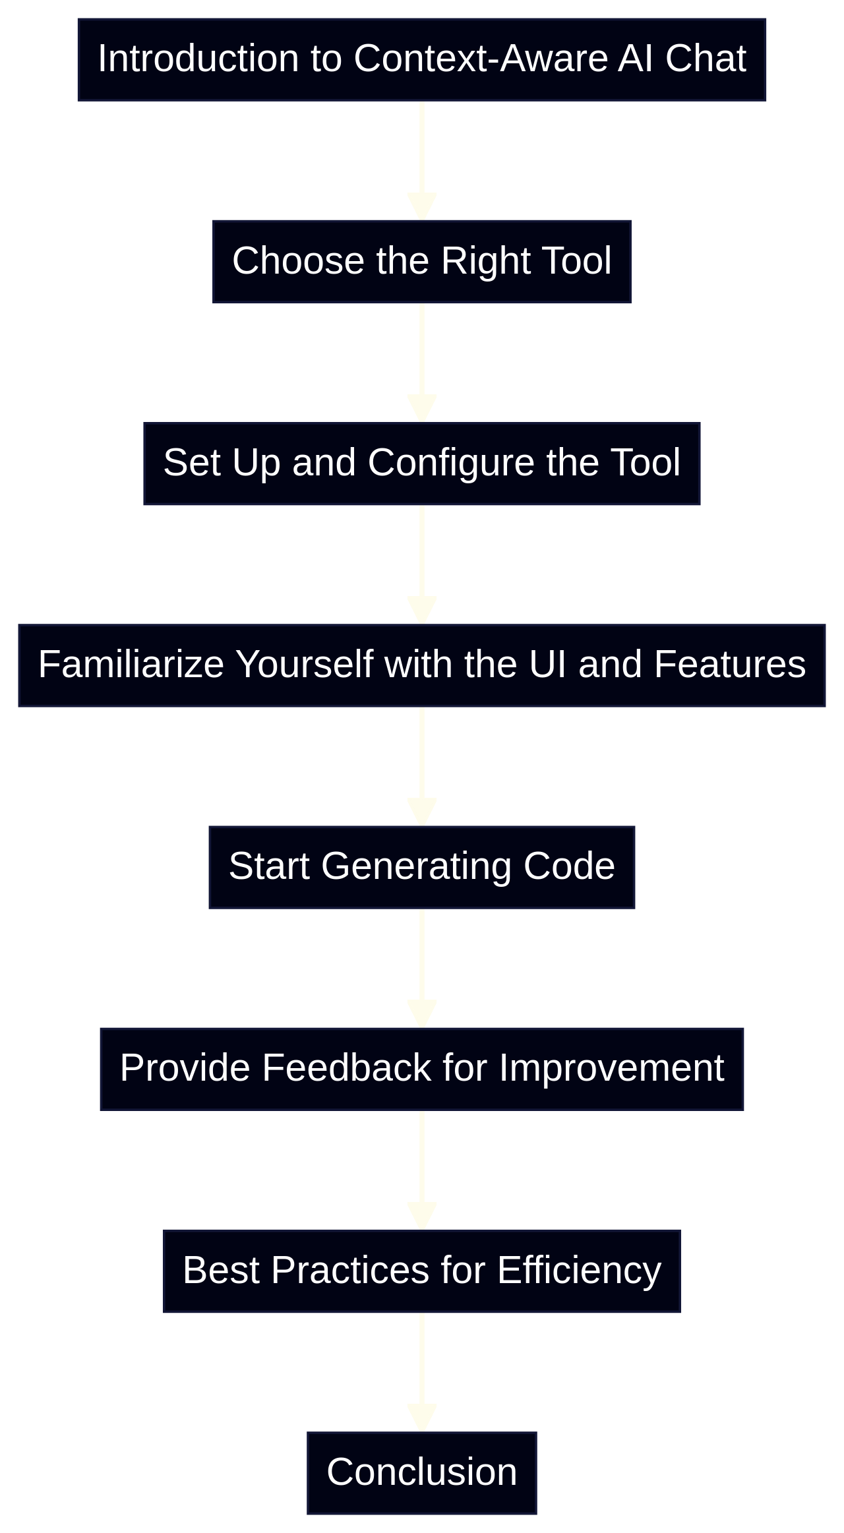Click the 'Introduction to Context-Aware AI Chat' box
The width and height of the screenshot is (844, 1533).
[422, 59]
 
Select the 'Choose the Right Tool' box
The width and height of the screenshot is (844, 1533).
[422, 261]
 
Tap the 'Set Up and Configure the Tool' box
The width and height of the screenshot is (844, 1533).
[422, 463]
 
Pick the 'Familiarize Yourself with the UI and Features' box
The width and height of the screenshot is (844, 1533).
[422, 665]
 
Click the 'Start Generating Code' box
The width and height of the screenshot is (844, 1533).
[422, 866]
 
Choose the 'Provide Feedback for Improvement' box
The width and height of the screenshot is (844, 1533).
[422, 1068]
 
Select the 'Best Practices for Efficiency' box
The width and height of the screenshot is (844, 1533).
[422, 1271]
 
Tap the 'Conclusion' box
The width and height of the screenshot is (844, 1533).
[422, 1472]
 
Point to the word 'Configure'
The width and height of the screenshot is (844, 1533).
[450, 463]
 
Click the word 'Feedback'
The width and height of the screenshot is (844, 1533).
[347, 1068]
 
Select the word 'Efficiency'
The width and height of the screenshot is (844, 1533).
[579, 1271]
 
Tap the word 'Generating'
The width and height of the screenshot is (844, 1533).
[416, 866]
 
